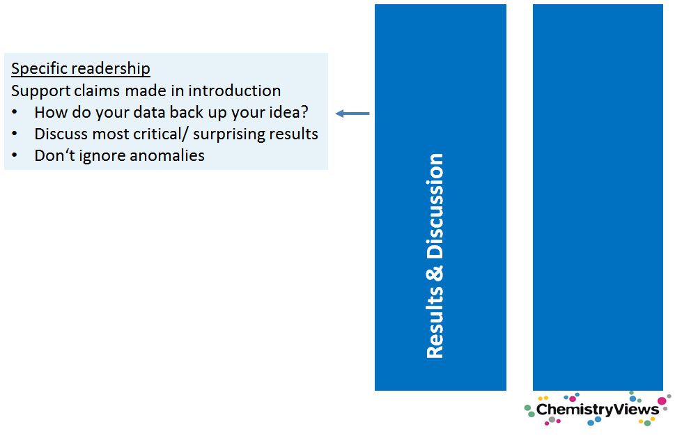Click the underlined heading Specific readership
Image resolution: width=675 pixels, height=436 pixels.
(81, 69)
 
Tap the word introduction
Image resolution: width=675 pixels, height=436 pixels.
(235, 91)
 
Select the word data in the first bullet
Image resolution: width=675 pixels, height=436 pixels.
(150, 112)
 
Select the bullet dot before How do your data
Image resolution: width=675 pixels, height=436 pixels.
(15, 112)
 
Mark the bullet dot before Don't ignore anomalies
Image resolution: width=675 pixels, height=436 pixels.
(15, 155)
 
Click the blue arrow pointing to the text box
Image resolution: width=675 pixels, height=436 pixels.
(352, 114)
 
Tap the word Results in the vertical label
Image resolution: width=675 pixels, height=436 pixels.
(435, 322)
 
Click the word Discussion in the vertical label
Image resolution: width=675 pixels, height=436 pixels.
(435, 205)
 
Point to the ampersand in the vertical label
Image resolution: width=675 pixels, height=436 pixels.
(435, 273)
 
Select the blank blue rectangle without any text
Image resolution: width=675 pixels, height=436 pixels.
(598, 198)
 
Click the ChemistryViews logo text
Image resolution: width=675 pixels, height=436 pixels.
(598, 409)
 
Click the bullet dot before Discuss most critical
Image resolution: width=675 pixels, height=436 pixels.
(15, 134)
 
